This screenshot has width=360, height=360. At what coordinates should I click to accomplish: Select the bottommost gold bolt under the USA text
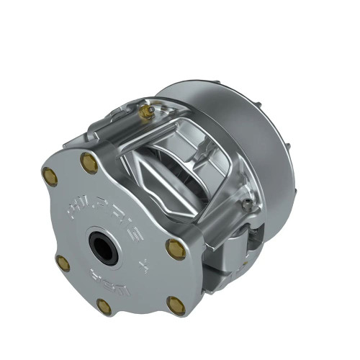pyautogui.click(x=104, y=306)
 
